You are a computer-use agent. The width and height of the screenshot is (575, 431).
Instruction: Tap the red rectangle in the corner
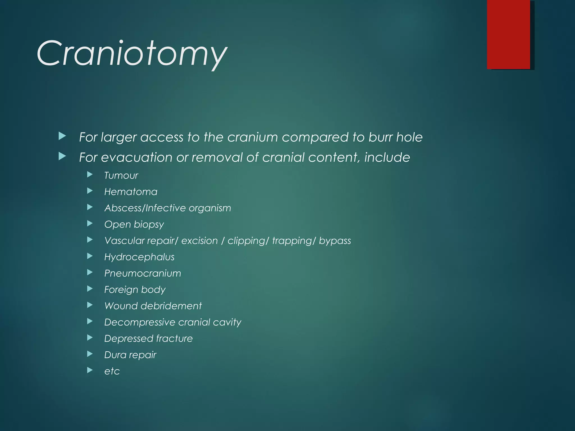coord(508,34)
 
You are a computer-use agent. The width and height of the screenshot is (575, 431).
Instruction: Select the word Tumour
coord(121,176)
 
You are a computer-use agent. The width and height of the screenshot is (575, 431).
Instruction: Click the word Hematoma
coord(131,192)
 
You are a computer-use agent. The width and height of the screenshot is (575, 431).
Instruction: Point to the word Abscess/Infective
coord(145,208)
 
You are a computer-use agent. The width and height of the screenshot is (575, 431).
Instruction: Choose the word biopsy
coord(149,225)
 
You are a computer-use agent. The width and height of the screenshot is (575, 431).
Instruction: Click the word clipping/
coord(248,241)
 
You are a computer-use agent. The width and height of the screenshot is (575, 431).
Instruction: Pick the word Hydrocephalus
coord(139,257)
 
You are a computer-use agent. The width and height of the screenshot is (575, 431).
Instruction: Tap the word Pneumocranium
coord(143,273)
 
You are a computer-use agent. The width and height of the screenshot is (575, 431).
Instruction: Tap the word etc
coord(112,371)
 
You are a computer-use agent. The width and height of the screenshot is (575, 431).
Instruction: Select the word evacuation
coord(137,157)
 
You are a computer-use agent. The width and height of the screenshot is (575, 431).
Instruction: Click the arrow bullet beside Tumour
coord(90,175)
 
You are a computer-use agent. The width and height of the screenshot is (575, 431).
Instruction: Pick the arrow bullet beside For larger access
coord(62,136)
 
